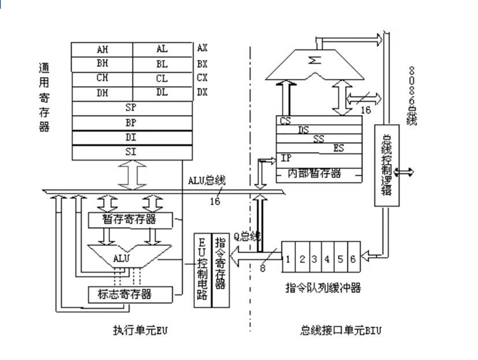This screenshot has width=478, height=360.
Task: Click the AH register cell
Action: (x=102, y=49)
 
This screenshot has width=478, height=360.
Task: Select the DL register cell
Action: (x=162, y=93)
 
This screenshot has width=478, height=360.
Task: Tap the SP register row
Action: (x=132, y=107)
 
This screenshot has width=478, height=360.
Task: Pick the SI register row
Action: (x=132, y=152)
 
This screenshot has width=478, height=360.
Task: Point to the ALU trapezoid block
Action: (x=122, y=257)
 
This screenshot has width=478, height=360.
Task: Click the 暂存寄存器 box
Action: (x=130, y=219)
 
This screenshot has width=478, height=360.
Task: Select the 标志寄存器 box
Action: (x=129, y=294)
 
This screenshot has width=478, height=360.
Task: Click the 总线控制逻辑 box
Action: (x=387, y=165)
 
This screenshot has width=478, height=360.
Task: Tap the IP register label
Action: (x=286, y=158)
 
